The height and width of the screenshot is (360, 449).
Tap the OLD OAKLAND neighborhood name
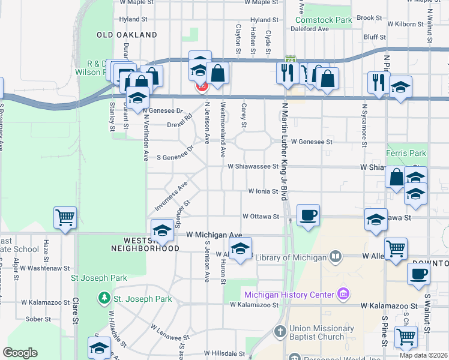point(127,35)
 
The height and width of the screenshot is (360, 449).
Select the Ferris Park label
point(406,154)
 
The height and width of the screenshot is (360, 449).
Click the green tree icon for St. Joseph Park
point(104,298)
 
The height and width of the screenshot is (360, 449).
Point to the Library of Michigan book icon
point(336,257)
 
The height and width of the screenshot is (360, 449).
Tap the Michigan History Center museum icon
point(343,294)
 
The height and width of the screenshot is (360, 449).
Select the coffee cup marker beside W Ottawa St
point(308,215)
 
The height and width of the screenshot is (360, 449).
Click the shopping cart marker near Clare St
point(65,218)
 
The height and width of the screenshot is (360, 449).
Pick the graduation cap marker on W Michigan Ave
point(162,230)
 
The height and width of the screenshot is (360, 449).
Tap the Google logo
point(20,352)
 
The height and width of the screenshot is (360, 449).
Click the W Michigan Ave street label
point(214,235)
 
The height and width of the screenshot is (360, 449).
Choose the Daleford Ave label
point(309,29)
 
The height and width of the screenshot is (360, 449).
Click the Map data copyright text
point(423,355)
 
